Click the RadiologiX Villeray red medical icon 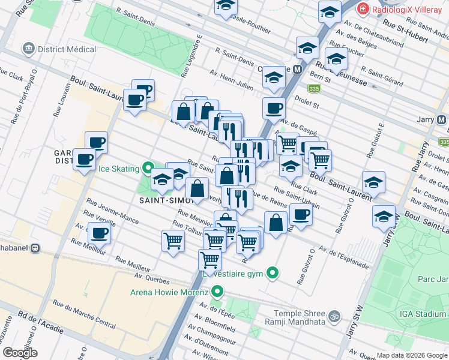tap(363, 9)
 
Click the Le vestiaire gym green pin tap(273, 273)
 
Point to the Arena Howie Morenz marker tap(217, 293)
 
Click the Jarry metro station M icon tap(442, 119)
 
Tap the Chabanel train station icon tap(35, 247)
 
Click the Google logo tap(20, 353)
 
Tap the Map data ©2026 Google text tap(411, 355)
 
